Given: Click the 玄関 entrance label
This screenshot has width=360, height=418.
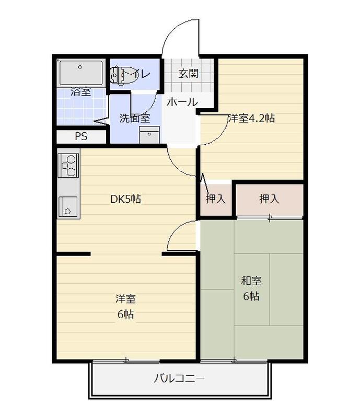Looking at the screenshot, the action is point(189,73).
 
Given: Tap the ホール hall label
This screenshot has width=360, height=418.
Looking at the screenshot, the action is point(182,102).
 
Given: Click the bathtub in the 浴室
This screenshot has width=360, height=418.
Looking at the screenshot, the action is point(81,72).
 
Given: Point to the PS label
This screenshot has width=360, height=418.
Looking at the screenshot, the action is point(81,136).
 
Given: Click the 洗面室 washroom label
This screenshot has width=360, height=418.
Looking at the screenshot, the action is point(135,118).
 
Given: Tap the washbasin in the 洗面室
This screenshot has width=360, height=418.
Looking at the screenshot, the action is point(149,135).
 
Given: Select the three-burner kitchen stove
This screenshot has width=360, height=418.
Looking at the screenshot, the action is point(68,166).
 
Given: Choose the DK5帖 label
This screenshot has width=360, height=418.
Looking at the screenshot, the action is point(125,199).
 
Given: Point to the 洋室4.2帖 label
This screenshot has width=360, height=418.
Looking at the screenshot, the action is point(251,118).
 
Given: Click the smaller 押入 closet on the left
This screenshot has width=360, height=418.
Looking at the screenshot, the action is point(216,199).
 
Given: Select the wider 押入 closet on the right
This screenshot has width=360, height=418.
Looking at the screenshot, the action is point(269,199).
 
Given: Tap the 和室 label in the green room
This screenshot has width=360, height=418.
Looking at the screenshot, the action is point(251,281).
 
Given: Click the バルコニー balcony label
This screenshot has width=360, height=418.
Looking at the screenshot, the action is point(179,378).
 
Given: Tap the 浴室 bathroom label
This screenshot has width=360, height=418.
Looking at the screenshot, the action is point(81,92).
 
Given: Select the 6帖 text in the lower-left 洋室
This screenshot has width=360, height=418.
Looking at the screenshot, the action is point(125,315).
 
